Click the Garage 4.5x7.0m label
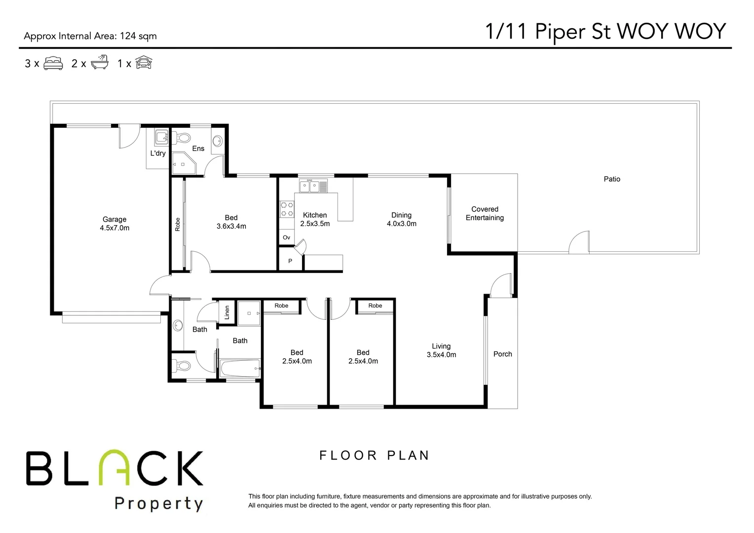114,224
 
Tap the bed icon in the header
53,63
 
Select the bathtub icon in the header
99,63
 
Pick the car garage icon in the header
144,63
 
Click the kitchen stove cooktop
286,209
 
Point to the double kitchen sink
313,187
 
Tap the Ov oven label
286,237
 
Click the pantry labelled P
290,261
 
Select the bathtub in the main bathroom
240,368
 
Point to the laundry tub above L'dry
161,137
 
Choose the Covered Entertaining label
485,213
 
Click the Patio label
612,179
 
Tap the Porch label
502,354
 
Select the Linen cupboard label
227,312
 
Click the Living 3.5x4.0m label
441,350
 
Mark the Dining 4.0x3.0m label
401,219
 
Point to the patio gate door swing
579,242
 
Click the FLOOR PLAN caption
375,455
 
